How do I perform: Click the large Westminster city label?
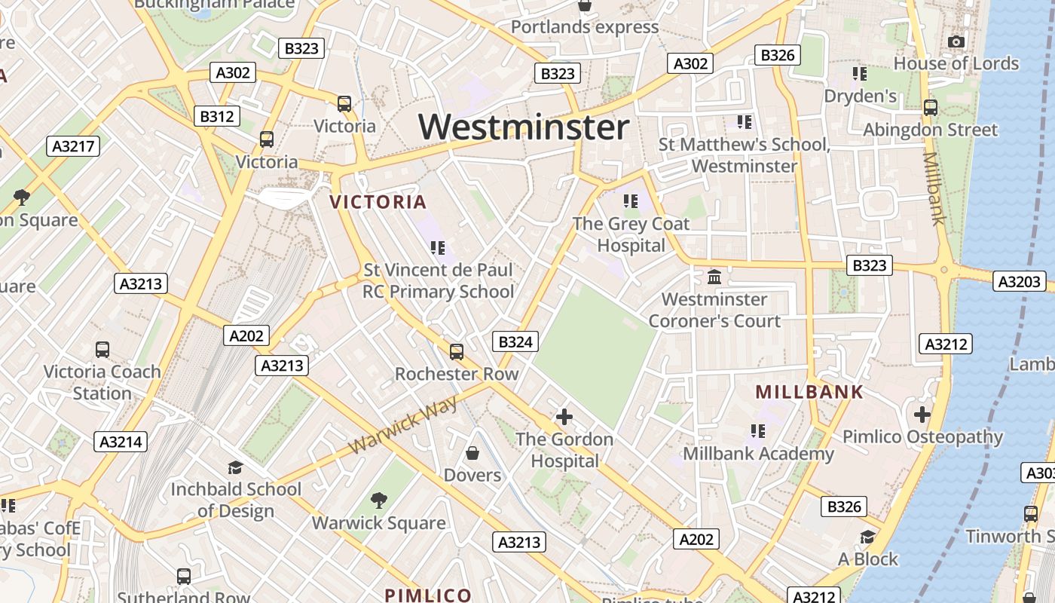524,127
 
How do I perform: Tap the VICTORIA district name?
378,202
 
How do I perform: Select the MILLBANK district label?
809,392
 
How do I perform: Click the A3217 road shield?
73,146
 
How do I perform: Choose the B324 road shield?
516,342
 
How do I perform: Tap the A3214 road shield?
121,442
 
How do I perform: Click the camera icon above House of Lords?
956,41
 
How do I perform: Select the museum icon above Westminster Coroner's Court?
714,277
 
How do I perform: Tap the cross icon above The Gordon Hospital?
564,417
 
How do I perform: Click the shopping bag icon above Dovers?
472,453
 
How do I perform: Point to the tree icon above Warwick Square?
379,500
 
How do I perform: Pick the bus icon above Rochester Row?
457,352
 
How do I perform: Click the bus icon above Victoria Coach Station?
102,350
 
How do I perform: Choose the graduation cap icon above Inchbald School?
235,467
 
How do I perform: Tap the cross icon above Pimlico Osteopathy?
922,415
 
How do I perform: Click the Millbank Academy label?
758,454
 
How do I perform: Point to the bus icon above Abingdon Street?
931,108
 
